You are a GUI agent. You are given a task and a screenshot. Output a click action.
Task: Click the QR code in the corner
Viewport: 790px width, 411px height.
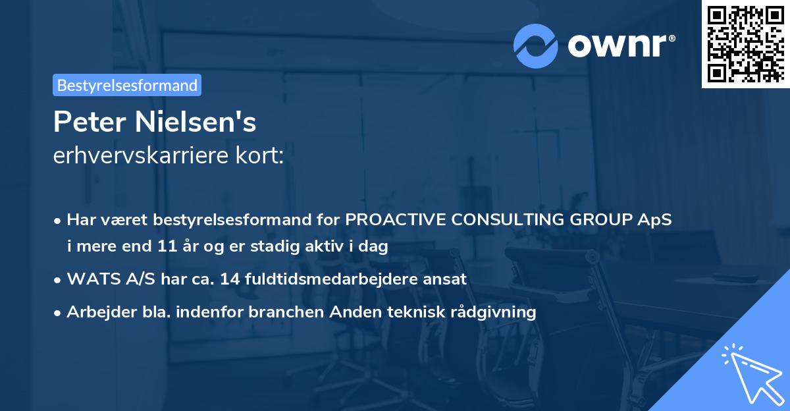pyautogui.click(x=745, y=43)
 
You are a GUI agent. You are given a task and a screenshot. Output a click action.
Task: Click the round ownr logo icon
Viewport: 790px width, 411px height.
pyautogui.click(x=536, y=45)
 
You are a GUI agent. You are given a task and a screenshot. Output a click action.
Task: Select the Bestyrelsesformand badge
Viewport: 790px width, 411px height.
pyautogui.click(x=127, y=85)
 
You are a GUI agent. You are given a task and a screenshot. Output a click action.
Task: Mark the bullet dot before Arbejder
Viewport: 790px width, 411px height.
pyautogui.click(x=59, y=312)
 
